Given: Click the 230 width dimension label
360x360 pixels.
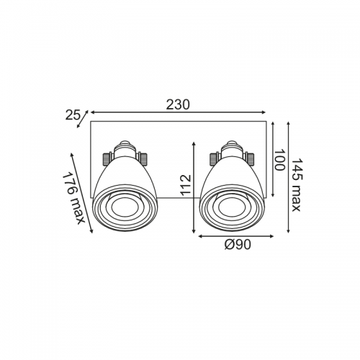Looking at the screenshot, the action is coord(178,104).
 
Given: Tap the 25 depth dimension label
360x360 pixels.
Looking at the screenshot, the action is coord(73,115).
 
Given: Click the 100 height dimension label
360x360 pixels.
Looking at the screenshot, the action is coord(279,160).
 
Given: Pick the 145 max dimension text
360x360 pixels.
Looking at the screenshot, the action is coord(295,184).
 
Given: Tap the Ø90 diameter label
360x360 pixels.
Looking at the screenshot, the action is coord(238,245).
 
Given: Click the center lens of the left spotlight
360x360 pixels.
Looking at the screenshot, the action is coord(125,207).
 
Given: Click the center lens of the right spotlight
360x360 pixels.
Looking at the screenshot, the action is coord(232,207).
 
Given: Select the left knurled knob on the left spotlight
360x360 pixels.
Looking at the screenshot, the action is coord(107,159).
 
